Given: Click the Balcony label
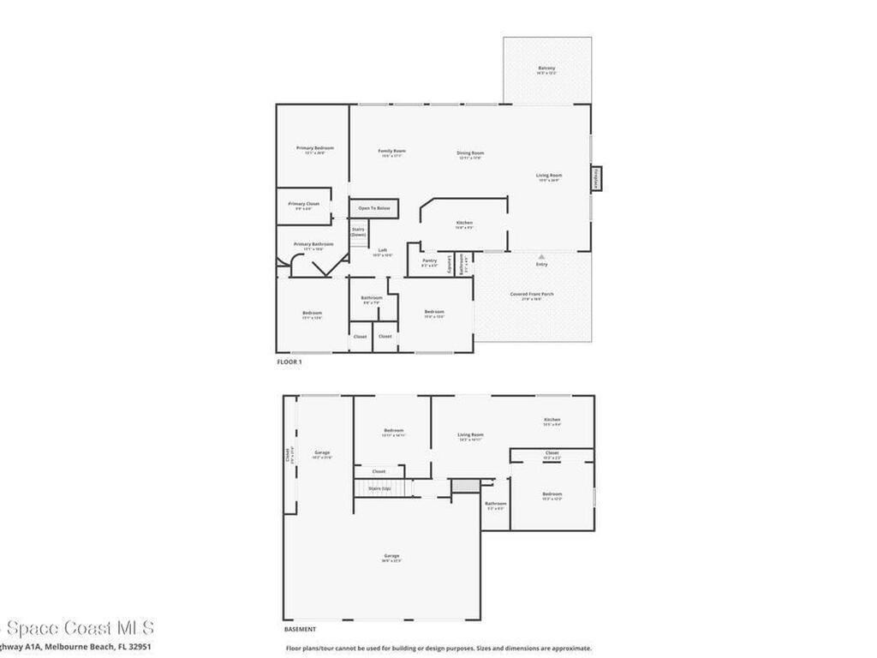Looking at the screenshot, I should (546, 68).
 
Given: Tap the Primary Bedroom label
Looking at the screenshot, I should (315, 148).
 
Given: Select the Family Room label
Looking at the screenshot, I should (392, 152).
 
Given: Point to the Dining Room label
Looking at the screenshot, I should (470, 153).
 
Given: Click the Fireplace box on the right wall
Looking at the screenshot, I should (595, 179).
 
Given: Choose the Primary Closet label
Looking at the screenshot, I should (304, 204).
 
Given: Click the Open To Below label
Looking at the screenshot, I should (374, 208).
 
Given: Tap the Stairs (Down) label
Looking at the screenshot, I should (358, 231).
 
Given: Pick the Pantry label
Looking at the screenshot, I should (429, 260).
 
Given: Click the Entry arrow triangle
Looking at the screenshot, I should (541, 255).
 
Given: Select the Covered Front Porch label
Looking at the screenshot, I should (532, 294).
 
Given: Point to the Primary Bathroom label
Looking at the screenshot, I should (313, 244).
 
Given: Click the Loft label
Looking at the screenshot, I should (383, 250).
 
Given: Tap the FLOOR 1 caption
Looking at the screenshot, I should (289, 362).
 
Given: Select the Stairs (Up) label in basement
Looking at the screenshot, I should (379, 488).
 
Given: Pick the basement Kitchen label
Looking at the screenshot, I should (552, 420).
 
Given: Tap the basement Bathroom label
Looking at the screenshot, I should (496, 504).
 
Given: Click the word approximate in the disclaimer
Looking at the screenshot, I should (568, 649).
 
